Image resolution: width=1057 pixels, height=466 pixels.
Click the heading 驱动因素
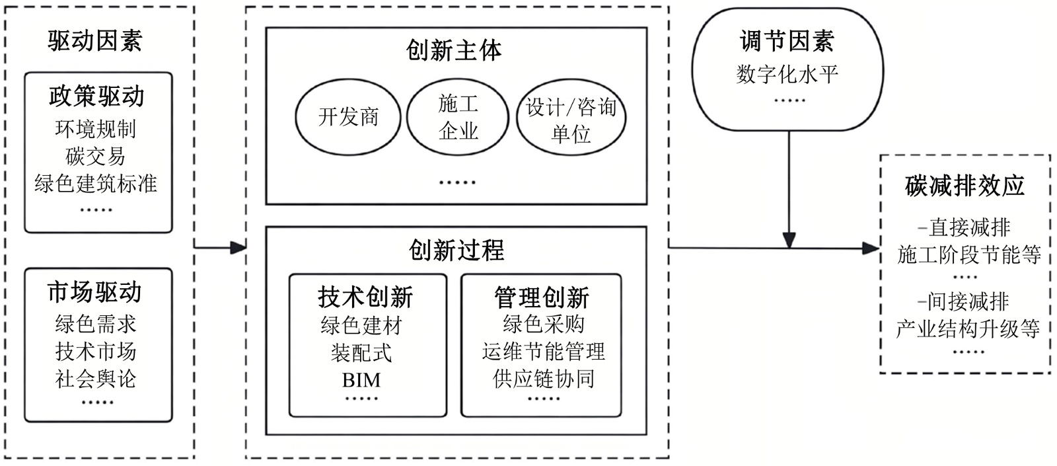pos(95,41)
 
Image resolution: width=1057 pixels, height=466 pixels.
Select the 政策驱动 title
pos(96,97)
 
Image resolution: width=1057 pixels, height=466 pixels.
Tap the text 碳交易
pos(96,156)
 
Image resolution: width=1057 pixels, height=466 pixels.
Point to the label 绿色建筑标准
pos(96,183)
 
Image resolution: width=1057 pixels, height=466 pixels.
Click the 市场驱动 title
pos(95,291)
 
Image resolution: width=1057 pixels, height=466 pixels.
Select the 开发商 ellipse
pos(348,117)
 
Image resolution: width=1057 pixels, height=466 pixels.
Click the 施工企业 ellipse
pos(457,117)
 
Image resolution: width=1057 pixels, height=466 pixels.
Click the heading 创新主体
pos(455,50)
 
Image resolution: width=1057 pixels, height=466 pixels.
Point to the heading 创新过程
pos(456,250)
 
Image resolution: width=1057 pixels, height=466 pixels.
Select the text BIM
pos(361,380)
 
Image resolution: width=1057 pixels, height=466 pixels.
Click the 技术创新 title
pos(365,297)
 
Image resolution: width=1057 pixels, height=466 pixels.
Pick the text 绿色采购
pos(544,324)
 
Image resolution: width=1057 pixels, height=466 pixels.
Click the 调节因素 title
pos(787,41)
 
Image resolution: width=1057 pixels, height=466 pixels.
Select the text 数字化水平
pos(787,73)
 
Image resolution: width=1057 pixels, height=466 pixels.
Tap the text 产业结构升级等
pos(968,328)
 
